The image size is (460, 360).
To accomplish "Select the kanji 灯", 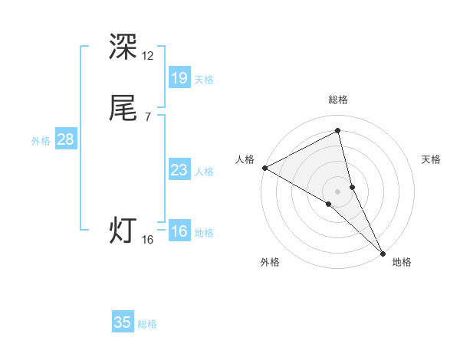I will pyautogui.click(x=123, y=231).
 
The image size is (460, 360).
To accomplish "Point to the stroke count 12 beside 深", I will pyautogui.click(x=148, y=56).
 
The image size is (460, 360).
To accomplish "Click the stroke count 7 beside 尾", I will pyautogui.click(x=148, y=117).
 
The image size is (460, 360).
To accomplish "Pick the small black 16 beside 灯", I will pyautogui.click(x=148, y=240).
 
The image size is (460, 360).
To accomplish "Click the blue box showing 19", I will pyautogui.click(x=179, y=77).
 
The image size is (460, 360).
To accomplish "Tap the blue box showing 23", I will pyautogui.click(x=179, y=170).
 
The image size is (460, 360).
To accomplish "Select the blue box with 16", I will pyautogui.click(x=179, y=231).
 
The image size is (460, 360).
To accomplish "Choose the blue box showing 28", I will pyautogui.click(x=65, y=139).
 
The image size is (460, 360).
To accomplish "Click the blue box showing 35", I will pyautogui.click(x=123, y=322).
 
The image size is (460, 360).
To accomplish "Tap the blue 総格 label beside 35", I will pyautogui.click(x=148, y=324).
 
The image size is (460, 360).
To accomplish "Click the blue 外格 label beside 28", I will pyautogui.click(x=41, y=141).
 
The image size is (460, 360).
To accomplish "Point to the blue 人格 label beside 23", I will pyautogui.click(x=204, y=172).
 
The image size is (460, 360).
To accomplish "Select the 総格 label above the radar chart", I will pyautogui.click(x=338, y=100).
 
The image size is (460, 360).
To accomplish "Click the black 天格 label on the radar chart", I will pyautogui.click(x=432, y=159).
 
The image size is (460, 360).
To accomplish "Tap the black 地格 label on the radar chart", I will pyautogui.click(x=402, y=262).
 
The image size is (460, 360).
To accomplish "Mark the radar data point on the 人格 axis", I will pyautogui.click(x=264, y=168).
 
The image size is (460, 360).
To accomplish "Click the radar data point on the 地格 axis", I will pyautogui.click(x=383, y=252).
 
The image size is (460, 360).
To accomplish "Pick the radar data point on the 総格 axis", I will pyautogui.click(x=338, y=132).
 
